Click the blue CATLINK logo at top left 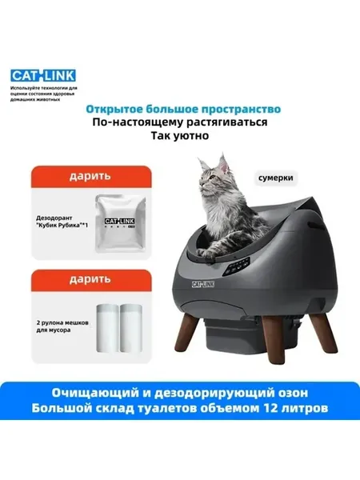coord(43,76)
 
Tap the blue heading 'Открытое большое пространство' coord(183,109)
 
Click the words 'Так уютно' coord(180,135)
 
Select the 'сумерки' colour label coord(275,178)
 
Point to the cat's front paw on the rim coord(205,254)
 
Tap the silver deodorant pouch coord(120,222)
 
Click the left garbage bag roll coord(107,328)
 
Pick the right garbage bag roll coord(130,328)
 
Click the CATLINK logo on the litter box coord(203,284)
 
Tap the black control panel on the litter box coord(236,267)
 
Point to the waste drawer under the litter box coord(233,337)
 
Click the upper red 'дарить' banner coord(91,177)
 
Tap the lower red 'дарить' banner coord(91,280)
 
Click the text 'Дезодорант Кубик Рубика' coord(62,222)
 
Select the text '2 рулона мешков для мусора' coord(62,326)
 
